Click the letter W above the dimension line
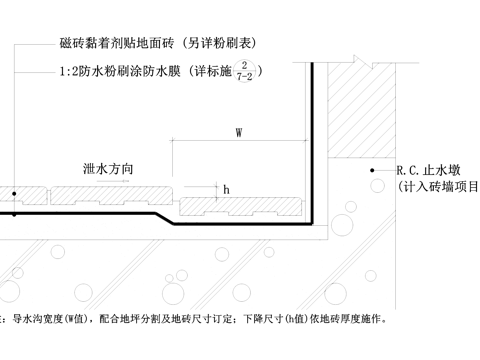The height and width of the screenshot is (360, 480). (238, 132)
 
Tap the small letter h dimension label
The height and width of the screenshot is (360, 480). (226, 187)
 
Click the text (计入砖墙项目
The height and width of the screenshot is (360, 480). (438, 187)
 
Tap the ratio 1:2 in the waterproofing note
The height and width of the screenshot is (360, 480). (70, 71)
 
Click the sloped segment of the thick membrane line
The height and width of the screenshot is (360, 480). (162, 218)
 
